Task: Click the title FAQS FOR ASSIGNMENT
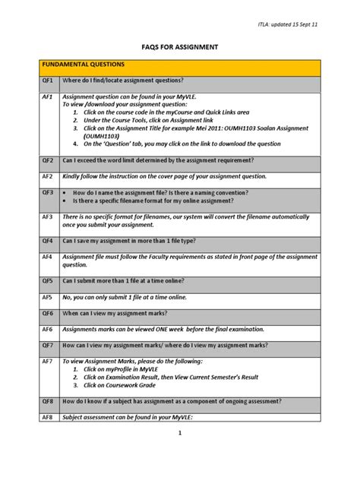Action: coord(180,47)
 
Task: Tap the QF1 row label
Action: coord(47,81)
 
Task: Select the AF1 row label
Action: coord(47,97)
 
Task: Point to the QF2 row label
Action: coord(47,161)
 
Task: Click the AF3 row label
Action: coord(47,216)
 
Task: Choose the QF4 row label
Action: coord(47,241)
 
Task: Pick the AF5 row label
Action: coord(47,297)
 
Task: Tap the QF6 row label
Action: coord(47,313)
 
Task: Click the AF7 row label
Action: coord(47,362)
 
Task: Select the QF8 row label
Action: coord(47,401)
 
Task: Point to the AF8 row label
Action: coord(47,417)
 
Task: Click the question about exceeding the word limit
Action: coord(158,161)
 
